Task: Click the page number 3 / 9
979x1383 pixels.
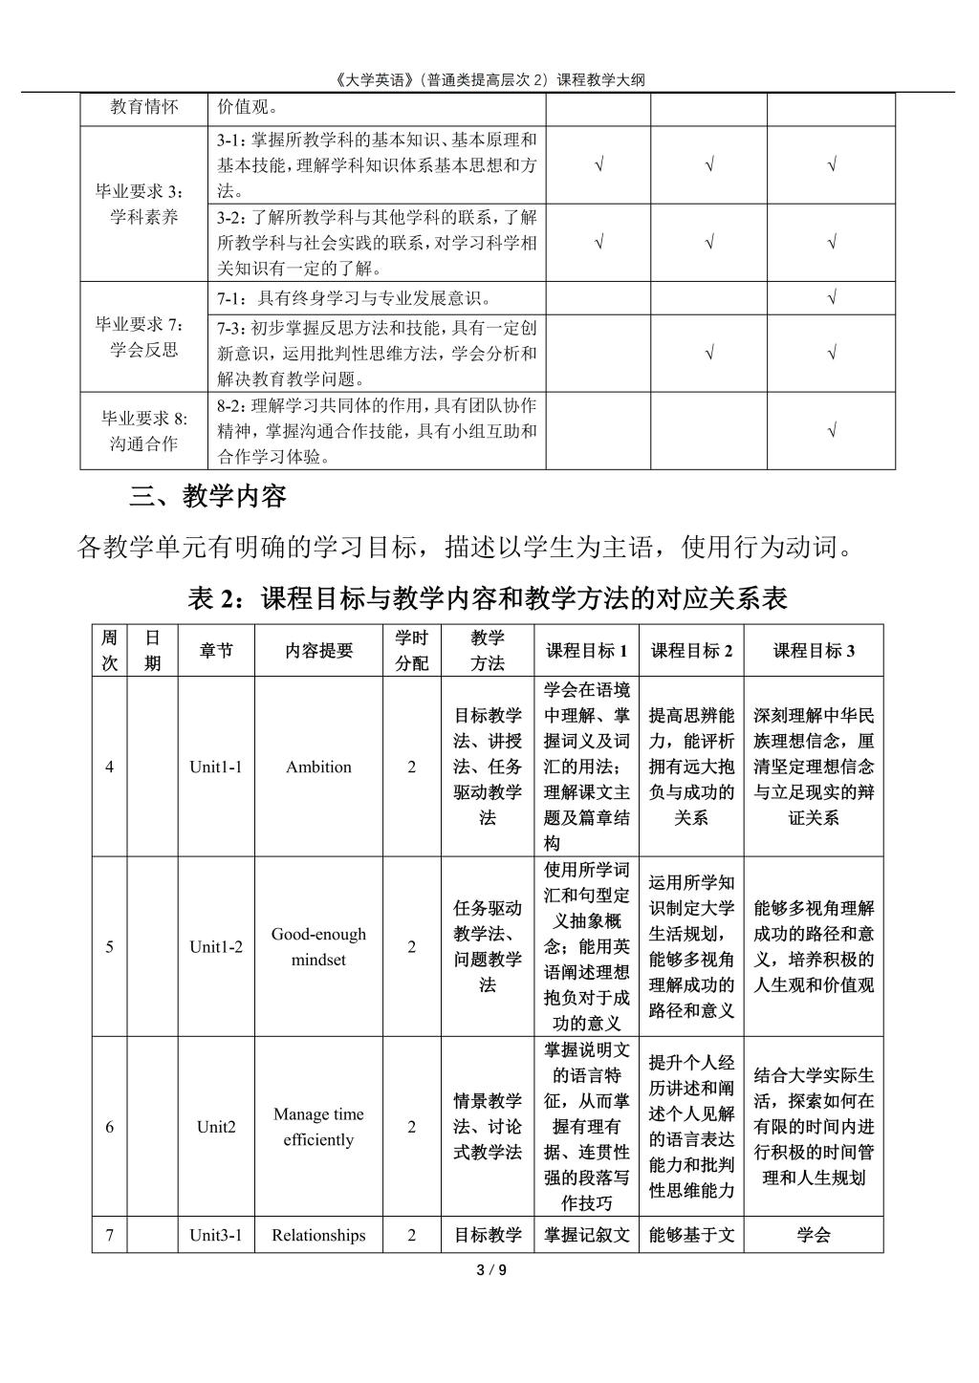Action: coord(490,1270)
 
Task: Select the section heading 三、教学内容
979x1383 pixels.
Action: coord(207,497)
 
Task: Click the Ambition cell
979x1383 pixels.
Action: coord(318,767)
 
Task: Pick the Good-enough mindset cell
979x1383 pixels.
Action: coord(318,946)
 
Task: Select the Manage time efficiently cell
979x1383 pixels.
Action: coord(318,1126)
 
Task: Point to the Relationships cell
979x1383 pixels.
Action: coord(318,1235)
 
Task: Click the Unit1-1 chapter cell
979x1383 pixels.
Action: coord(216,767)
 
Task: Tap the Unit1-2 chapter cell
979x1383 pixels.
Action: coord(216,946)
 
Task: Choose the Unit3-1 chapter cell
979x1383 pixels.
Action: coord(216,1235)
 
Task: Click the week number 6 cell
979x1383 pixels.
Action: coord(110,1126)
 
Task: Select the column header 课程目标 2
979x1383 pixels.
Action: coord(691,651)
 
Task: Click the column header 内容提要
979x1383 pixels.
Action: coord(318,651)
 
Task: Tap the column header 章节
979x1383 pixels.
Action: coord(216,651)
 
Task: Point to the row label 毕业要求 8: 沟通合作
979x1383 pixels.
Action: coord(144,431)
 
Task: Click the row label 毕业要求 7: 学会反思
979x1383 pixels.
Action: coord(144,336)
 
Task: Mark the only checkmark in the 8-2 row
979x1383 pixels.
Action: coord(832,431)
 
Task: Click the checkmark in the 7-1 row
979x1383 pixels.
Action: coord(832,298)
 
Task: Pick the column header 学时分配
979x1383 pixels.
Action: coord(412,651)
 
